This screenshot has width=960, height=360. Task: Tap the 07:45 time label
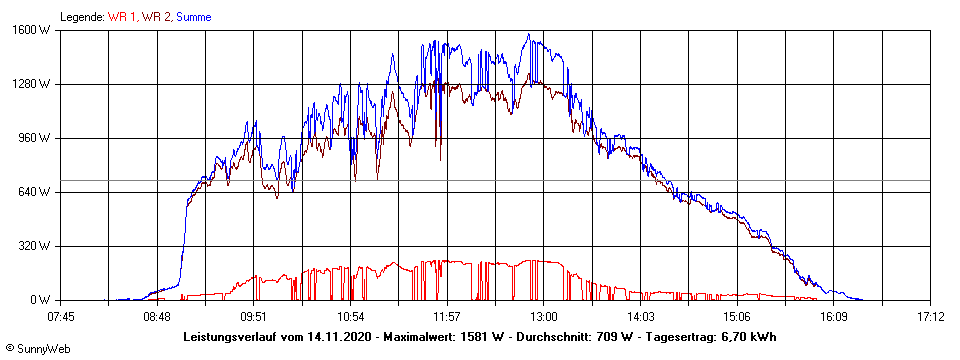61,316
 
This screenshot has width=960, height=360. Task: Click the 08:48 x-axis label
157,316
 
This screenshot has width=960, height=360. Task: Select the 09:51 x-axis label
254,316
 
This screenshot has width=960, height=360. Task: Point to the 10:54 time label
351,316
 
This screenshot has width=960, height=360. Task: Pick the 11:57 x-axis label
447,316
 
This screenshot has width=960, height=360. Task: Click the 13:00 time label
544,316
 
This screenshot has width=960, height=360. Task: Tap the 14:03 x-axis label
641,316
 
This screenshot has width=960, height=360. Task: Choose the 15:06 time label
737,316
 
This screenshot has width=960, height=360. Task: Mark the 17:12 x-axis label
931,316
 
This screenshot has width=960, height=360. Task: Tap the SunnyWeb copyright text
36,350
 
